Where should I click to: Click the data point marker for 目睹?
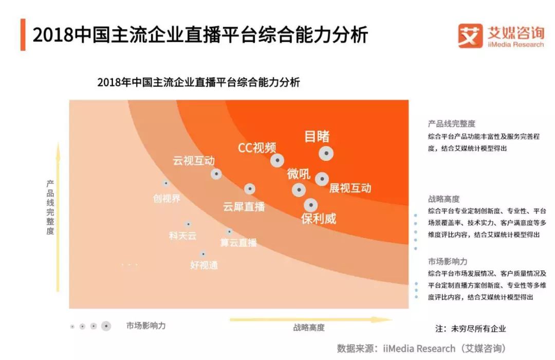[x=326, y=153]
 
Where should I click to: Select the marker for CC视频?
[x=277, y=160]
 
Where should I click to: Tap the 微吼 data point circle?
[x=299, y=190]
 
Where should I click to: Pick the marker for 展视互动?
[x=322, y=179]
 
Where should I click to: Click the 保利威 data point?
[x=310, y=205]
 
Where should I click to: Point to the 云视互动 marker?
[x=216, y=174]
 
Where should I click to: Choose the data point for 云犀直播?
[x=250, y=189]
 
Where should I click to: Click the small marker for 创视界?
[x=165, y=183]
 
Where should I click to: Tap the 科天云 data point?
[x=188, y=224]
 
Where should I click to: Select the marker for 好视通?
[x=203, y=254]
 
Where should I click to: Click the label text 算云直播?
[x=238, y=242]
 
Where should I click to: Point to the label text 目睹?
[x=317, y=136]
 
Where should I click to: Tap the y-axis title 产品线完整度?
[x=50, y=207]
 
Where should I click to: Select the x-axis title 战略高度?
[x=309, y=328]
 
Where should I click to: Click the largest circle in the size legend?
[x=106, y=326]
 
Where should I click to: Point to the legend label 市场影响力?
[x=146, y=326]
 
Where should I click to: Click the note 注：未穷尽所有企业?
[x=471, y=329]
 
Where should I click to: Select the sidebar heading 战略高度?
[x=443, y=199]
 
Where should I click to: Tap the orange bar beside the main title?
[x=23, y=35]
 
